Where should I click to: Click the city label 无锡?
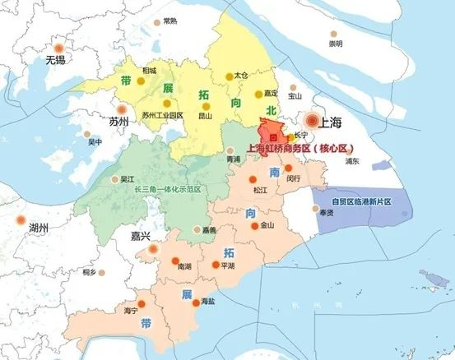click(55, 60)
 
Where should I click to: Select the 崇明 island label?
click(336, 44)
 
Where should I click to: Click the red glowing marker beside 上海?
click(312, 119)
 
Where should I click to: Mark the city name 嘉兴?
click(142, 236)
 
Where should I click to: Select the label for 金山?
click(267, 224)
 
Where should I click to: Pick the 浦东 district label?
click(352, 161)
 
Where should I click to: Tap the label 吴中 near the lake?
click(95, 141)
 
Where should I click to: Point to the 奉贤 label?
click(326, 212)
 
